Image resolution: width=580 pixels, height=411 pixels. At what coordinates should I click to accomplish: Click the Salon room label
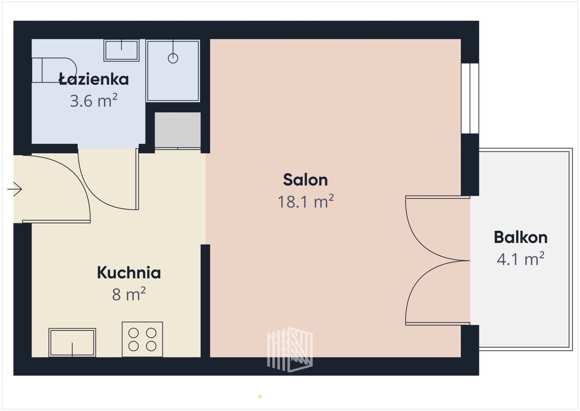tap(305, 180)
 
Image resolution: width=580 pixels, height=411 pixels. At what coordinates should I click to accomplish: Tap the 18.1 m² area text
tap(305, 201)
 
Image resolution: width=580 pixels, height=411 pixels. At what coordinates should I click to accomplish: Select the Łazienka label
tap(94, 79)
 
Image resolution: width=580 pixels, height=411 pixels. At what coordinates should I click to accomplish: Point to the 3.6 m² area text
tap(94, 100)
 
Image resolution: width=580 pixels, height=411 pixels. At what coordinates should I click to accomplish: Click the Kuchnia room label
tap(129, 272)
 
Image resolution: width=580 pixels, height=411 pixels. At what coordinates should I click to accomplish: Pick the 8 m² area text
tap(129, 294)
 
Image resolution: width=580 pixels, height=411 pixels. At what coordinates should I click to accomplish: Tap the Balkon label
tap(521, 237)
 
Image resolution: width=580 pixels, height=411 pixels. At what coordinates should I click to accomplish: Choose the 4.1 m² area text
tap(521, 259)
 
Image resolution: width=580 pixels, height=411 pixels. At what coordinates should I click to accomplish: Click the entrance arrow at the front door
tap(14, 189)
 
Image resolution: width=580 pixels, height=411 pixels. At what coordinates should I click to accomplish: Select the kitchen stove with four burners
tap(142, 339)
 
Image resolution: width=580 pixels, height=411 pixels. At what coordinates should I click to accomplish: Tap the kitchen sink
tap(72, 342)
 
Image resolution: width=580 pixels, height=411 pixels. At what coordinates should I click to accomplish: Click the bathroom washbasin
tap(121, 50)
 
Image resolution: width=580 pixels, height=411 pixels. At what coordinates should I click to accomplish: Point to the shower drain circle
tap(173, 59)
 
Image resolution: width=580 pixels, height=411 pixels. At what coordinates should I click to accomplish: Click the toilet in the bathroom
tap(54, 70)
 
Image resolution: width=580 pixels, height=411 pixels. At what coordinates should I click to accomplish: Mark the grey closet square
tap(178, 130)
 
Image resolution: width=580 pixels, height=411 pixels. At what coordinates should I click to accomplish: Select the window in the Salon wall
tap(470, 98)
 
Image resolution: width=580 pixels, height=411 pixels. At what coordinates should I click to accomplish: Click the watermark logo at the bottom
tap(290, 350)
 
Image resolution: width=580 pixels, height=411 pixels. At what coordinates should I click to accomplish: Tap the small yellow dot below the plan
tap(260, 396)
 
